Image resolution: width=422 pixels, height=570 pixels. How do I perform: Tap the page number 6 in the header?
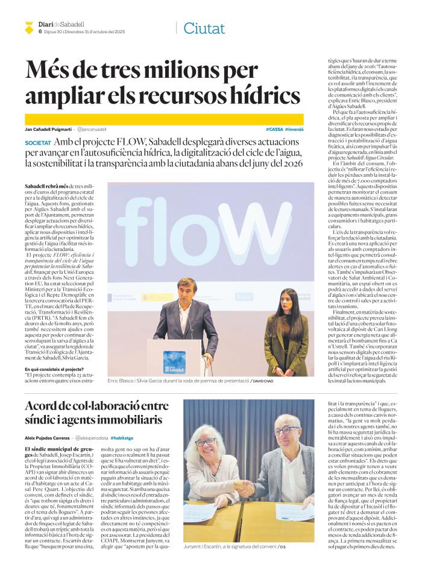pos(40,31)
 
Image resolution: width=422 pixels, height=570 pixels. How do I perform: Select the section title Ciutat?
pos(204,28)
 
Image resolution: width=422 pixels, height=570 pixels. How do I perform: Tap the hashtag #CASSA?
pos(274,130)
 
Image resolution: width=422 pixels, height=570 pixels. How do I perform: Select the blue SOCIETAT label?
pos(38,143)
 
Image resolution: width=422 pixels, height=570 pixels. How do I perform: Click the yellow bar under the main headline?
pos(163,119)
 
